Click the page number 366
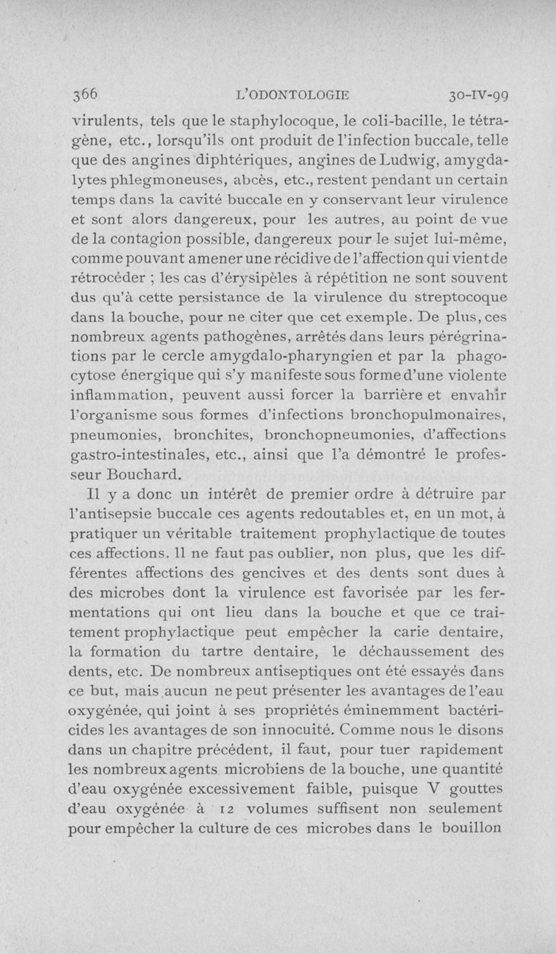86,95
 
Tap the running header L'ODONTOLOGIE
293,95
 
